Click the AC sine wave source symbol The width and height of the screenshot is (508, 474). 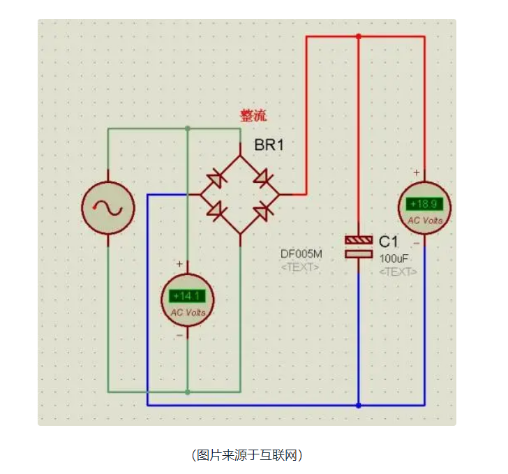click(x=108, y=207)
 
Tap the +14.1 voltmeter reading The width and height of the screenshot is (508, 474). click(x=188, y=295)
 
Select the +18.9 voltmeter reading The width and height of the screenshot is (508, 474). click(x=424, y=204)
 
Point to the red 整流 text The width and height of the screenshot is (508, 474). click(x=253, y=116)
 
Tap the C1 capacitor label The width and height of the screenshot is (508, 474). click(x=388, y=242)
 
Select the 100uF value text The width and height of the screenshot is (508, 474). click(x=394, y=258)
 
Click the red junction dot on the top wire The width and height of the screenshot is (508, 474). click(x=358, y=36)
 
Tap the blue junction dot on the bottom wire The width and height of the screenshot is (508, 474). click(x=358, y=405)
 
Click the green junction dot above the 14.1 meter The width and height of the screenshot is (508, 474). click(x=188, y=128)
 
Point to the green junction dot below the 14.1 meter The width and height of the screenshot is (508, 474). click(x=188, y=392)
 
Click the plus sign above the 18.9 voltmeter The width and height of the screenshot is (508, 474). click(x=417, y=172)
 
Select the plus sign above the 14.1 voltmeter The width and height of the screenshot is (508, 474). click(x=180, y=264)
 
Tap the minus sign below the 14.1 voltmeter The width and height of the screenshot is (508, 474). click(x=180, y=335)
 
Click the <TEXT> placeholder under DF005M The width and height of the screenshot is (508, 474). click(x=300, y=267)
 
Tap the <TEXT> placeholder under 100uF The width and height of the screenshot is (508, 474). click(x=398, y=272)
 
